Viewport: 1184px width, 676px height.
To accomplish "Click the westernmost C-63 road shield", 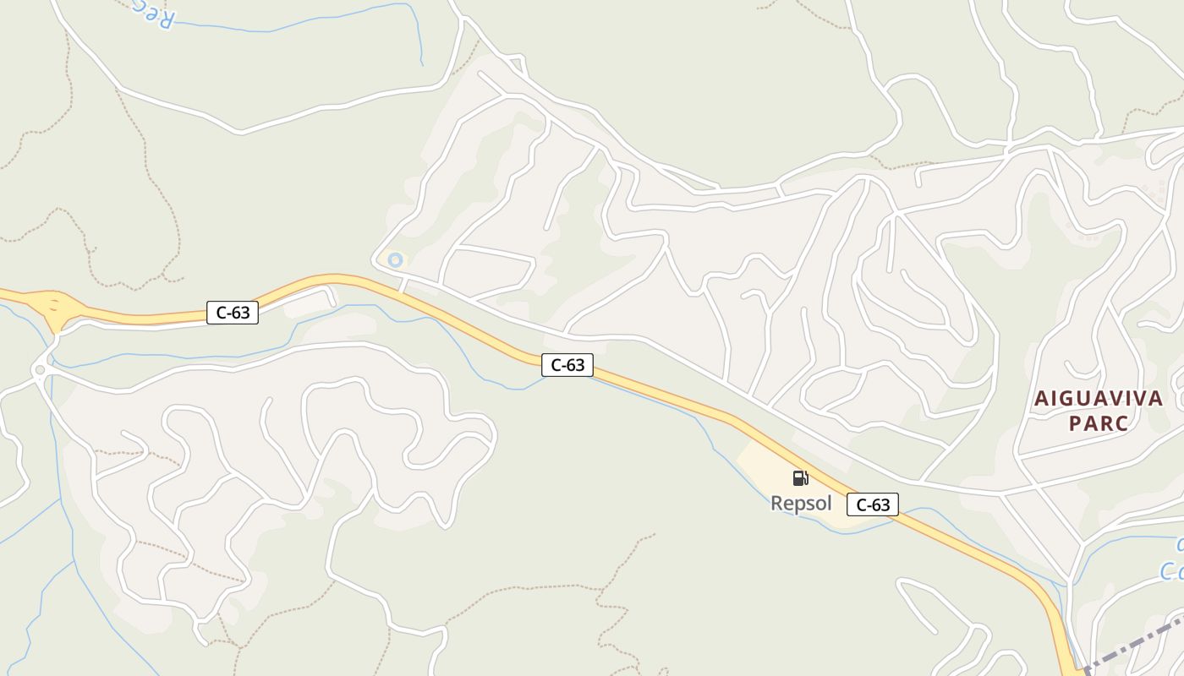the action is click(x=233, y=313).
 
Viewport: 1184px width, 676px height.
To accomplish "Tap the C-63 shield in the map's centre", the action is click(x=567, y=365).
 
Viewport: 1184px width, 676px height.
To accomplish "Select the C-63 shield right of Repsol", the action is click(x=873, y=504).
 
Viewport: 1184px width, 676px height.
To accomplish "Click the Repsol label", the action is click(x=801, y=504).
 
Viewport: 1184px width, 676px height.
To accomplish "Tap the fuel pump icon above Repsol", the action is click(x=800, y=478).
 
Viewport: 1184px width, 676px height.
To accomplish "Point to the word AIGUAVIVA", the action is click(x=1099, y=399).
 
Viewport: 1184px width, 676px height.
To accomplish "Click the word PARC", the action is click(x=1099, y=423).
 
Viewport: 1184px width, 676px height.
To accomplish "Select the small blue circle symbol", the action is click(x=395, y=260).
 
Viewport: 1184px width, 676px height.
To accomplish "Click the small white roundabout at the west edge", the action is click(x=39, y=370).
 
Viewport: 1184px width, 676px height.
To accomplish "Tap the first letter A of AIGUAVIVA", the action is click(x=1041, y=399).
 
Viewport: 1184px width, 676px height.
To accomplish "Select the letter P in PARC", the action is click(x=1075, y=423).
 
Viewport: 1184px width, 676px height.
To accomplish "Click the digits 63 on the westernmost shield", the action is click(x=240, y=313).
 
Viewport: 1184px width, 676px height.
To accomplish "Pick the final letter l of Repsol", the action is click(x=829, y=504).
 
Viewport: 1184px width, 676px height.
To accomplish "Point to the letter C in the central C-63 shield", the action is click(x=556, y=365).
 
